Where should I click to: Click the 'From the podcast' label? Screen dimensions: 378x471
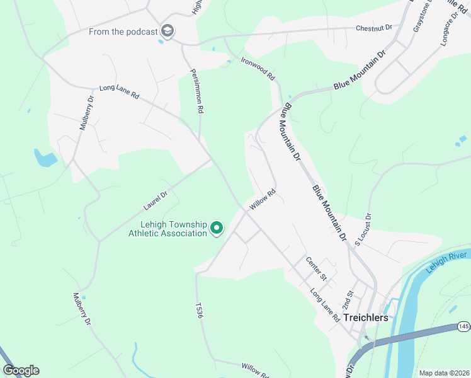123,31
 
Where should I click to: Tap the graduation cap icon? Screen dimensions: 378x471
167,31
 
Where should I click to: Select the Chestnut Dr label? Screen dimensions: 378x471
373,28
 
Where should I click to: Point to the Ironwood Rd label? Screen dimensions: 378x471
258,68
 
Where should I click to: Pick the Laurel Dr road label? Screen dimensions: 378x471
154,200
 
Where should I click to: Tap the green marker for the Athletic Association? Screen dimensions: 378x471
217,227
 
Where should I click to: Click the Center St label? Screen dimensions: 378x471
316,268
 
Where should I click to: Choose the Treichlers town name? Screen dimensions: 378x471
366,318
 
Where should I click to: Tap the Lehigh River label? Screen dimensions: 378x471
445,261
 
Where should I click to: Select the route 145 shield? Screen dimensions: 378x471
463,326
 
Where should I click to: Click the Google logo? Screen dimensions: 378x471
21,370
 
